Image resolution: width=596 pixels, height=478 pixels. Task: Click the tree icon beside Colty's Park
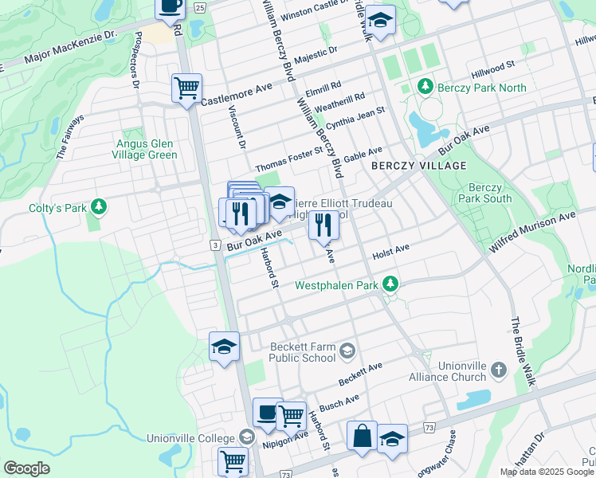point(98,208)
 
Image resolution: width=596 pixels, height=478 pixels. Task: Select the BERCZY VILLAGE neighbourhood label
point(418,165)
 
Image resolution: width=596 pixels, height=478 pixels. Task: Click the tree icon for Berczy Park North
point(425,86)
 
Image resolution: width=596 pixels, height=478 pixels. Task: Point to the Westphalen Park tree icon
point(390,284)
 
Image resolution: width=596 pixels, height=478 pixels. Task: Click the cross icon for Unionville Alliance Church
point(498,370)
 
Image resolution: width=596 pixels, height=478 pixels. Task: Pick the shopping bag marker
point(362,436)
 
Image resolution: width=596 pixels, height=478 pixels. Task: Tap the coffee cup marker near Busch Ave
point(268,413)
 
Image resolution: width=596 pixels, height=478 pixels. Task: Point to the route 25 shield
point(200,7)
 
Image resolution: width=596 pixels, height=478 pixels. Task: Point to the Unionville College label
point(191,439)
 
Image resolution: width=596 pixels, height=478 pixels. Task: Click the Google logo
point(26,468)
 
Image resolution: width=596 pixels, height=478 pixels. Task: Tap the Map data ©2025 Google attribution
point(546,472)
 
